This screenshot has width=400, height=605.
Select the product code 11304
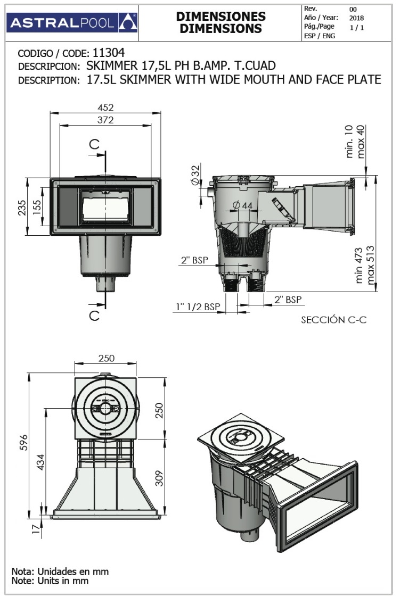pos(109,53)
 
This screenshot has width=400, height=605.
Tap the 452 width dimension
pos(105,107)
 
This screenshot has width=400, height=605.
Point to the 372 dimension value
pos(105,120)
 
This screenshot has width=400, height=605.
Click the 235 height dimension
pos(22,207)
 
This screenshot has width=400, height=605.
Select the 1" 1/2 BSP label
pos(198,307)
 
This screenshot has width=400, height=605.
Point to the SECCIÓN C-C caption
pos(333,320)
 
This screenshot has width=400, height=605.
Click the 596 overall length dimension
pos(23,442)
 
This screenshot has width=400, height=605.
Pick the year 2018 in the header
pos(357,18)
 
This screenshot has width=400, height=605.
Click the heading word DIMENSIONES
pos(221,17)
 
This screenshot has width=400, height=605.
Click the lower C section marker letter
pos(94,316)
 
